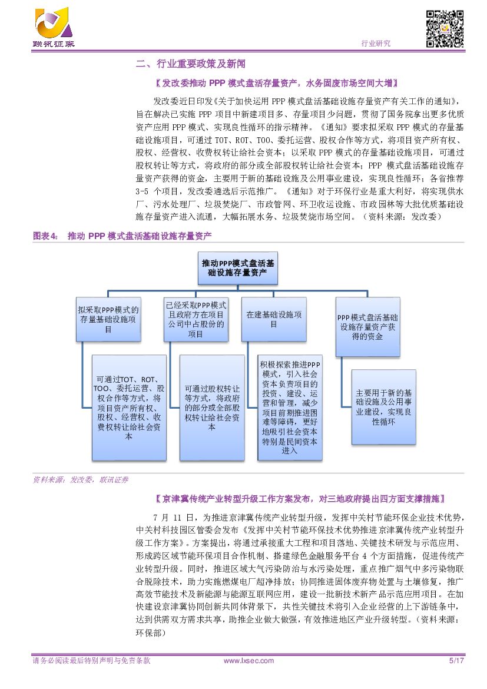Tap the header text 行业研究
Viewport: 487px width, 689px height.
coord(375,44)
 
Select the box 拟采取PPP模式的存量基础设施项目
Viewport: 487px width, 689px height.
coord(108,320)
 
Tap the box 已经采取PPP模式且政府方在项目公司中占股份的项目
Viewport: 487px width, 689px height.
coord(196,320)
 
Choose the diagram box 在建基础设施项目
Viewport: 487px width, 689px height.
coord(274,320)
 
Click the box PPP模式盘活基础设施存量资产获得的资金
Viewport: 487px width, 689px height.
coord(368,327)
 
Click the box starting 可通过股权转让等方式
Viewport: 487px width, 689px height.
coord(211,407)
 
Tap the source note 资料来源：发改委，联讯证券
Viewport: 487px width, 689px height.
coord(80,479)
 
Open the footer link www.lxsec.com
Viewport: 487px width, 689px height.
coord(249,661)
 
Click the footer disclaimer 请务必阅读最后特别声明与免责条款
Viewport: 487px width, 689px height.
coord(91,661)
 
